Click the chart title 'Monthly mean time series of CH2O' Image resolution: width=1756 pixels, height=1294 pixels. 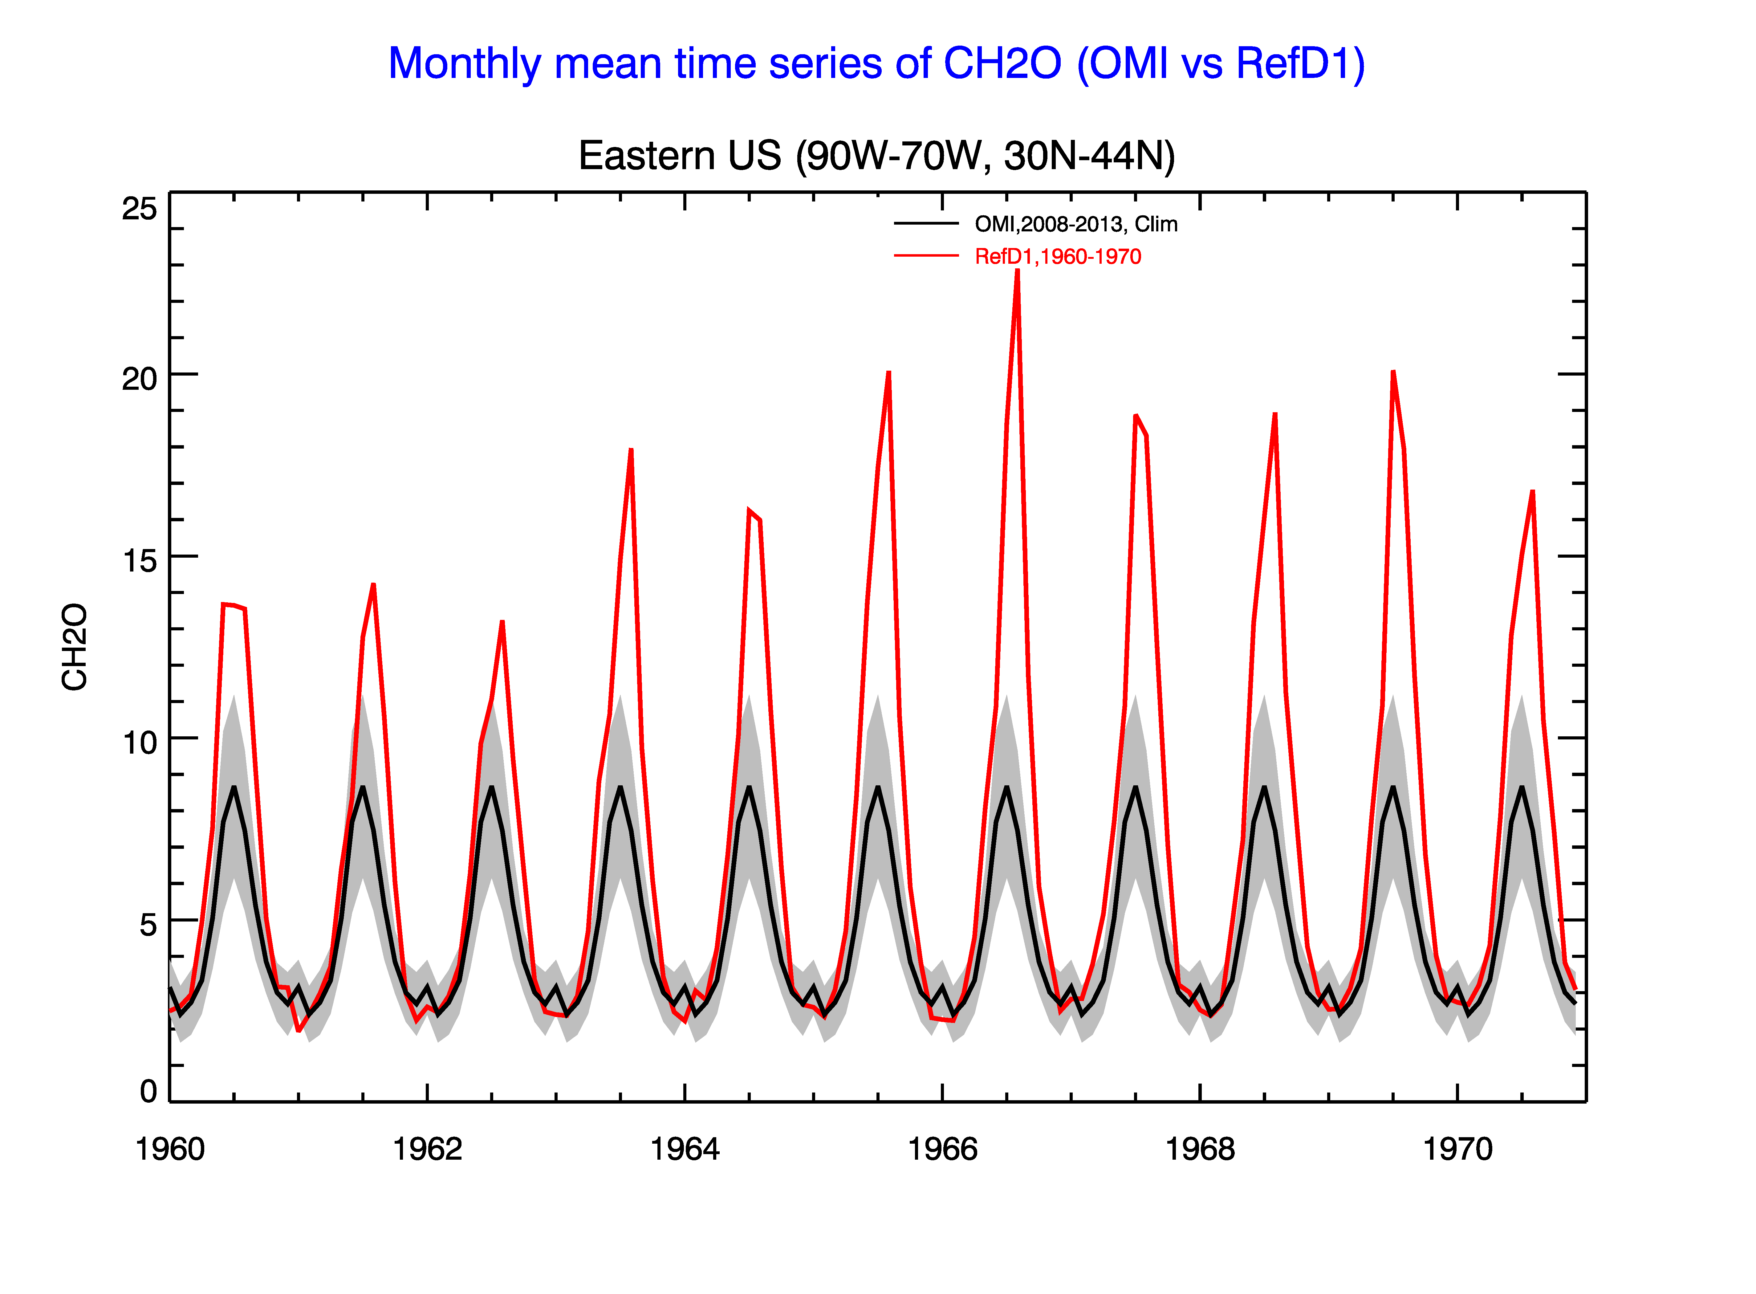coord(725,64)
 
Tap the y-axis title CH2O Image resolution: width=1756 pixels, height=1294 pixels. coord(75,647)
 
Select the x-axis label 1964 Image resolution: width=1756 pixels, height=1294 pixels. coord(685,1149)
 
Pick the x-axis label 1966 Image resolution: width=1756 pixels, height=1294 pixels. coord(942,1149)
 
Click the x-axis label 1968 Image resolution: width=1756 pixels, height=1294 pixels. coord(1200,1149)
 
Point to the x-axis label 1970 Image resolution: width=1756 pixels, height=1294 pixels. coord(1457,1149)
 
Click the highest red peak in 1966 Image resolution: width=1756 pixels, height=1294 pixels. coord(1018,270)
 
